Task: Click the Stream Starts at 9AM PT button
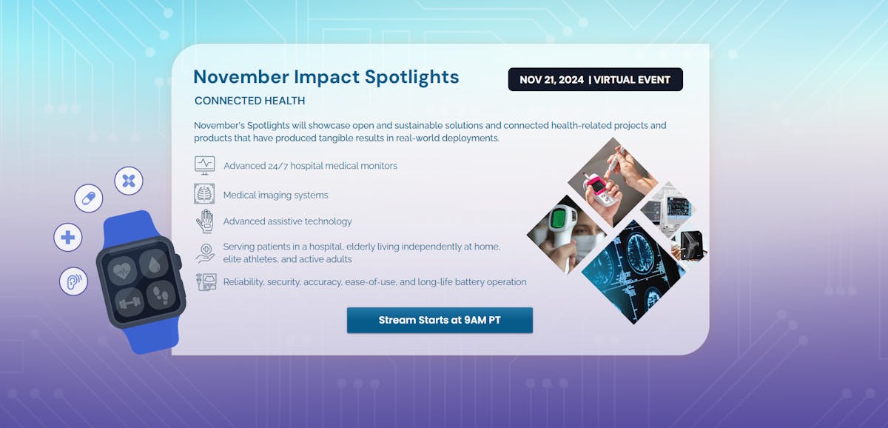click(440, 320)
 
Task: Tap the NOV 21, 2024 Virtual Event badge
click(596, 79)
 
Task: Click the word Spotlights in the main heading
click(412, 76)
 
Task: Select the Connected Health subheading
click(250, 101)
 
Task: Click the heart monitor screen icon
click(204, 165)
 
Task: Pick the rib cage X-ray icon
click(204, 193)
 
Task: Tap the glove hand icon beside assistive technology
click(205, 221)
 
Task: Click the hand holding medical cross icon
click(206, 253)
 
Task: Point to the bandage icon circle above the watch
click(129, 181)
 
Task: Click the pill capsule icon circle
click(88, 198)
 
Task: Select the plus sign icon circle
click(68, 237)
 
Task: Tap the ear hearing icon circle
click(73, 281)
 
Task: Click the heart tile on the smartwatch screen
click(122, 271)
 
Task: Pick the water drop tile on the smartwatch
click(154, 264)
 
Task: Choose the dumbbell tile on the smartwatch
click(129, 302)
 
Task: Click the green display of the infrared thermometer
click(558, 219)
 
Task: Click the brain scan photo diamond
click(631, 272)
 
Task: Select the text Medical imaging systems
click(275, 195)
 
